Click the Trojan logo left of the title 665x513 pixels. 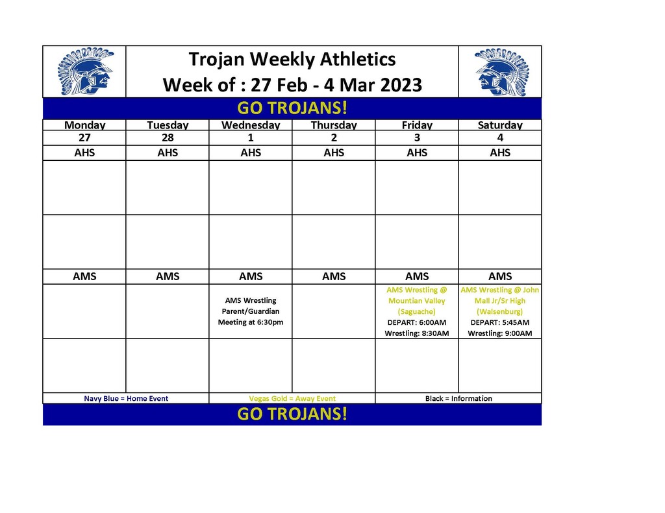pyautogui.click(x=85, y=71)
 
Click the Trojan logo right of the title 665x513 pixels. pyautogui.click(x=502, y=71)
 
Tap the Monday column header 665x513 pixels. pyautogui.click(x=84, y=125)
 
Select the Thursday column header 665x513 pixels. pyautogui.click(x=334, y=125)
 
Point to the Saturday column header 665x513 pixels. pyautogui.click(x=500, y=125)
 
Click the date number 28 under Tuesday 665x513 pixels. pyautogui.click(x=168, y=137)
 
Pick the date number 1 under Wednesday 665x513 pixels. pyautogui.click(x=251, y=137)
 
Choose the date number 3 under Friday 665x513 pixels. pyautogui.click(x=417, y=137)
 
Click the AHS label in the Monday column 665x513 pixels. pyautogui.click(x=84, y=152)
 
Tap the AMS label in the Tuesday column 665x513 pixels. pyautogui.click(x=168, y=276)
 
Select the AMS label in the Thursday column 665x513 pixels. pyautogui.click(x=334, y=276)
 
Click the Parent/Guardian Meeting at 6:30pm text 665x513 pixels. pyautogui.click(x=251, y=317)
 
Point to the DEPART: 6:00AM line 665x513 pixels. pyautogui.click(x=417, y=322)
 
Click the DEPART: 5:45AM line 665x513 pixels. pyautogui.click(x=500, y=322)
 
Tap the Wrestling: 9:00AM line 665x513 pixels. pyautogui.click(x=500, y=333)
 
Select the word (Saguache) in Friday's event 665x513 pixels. pyautogui.click(x=417, y=312)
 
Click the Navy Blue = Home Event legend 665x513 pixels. pyautogui.click(x=126, y=399)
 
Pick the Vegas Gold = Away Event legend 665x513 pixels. pyautogui.click(x=292, y=399)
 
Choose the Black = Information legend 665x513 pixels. pyautogui.click(x=458, y=399)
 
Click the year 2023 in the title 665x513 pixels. pyautogui.click(x=401, y=85)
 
